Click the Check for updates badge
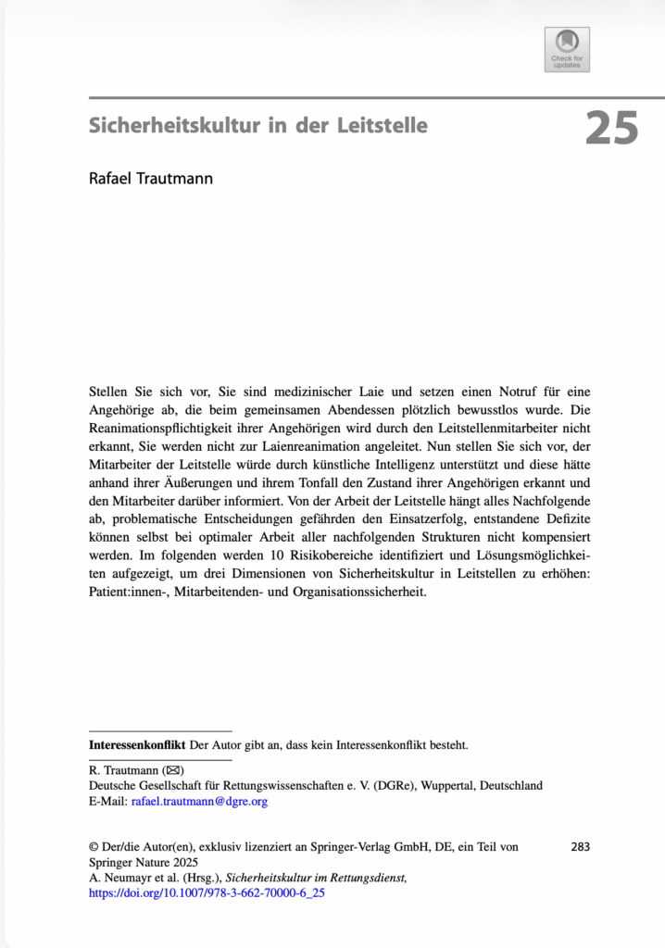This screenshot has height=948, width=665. [x=567, y=49]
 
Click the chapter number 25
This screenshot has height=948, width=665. [x=611, y=127]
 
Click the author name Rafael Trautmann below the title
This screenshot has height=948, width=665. [x=151, y=178]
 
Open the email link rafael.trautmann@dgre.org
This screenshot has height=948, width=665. [x=199, y=802]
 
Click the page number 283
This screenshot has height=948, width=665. [x=581, y=846]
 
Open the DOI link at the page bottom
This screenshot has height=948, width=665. [x=207, y=893]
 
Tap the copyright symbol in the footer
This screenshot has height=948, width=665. [x=94, y=846]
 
